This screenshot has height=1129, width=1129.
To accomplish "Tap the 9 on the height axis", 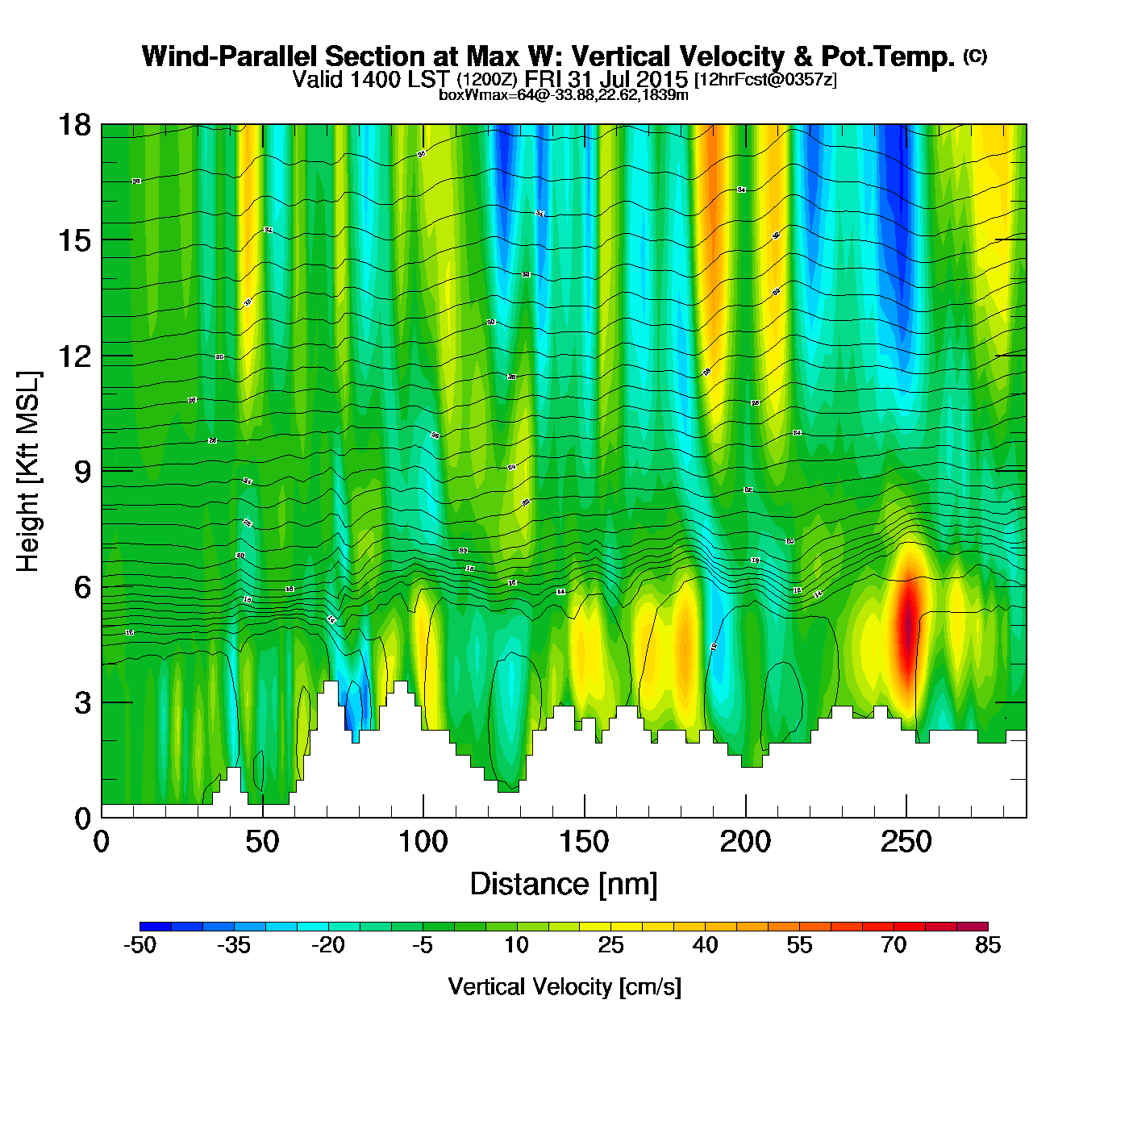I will click(82, 471).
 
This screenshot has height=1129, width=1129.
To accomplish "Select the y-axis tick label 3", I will click(82, 702).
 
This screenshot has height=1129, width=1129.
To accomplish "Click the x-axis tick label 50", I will click(262, 843).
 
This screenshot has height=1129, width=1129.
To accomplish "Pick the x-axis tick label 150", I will click(584, 843).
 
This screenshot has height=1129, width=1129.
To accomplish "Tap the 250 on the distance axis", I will click(906, 843).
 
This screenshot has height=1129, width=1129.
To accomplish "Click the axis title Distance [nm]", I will click(564, 884).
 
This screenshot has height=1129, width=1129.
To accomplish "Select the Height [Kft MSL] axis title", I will click(28, 471).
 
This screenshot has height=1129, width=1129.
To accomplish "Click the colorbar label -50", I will click(140, 945).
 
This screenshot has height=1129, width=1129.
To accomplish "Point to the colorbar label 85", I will click(987, 945).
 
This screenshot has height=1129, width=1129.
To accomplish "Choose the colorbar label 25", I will click(610, 945).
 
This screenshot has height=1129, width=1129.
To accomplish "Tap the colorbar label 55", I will click(799, 945).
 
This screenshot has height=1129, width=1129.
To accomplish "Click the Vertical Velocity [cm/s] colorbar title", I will click(564, 986).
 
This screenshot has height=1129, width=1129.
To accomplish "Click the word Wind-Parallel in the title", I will click(230, 57).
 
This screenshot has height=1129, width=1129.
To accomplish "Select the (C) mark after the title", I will click(975, 56).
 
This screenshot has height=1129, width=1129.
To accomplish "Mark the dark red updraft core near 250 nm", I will click(908, 625).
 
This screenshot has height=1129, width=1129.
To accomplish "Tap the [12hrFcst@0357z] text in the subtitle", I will click(765, 80).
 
